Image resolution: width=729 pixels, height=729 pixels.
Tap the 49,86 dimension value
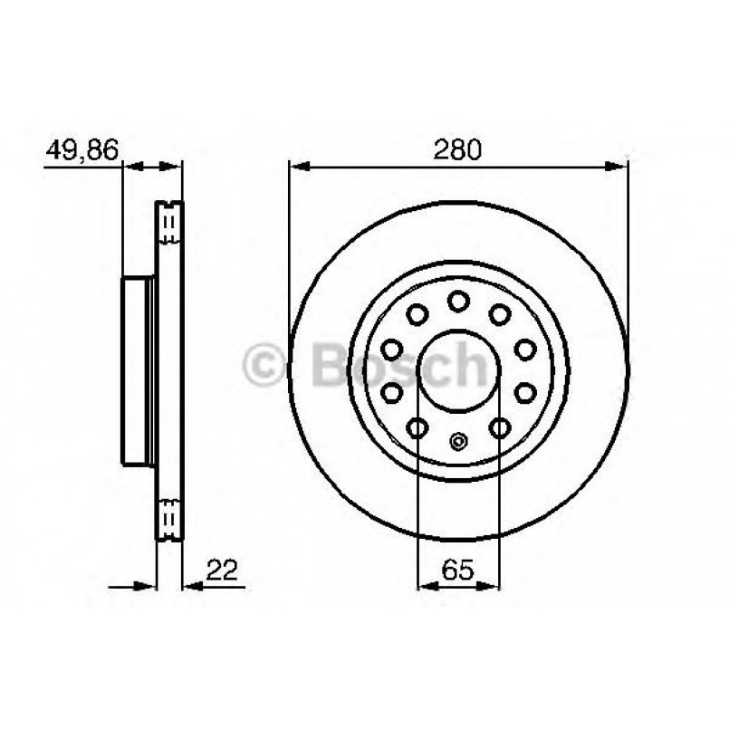click(82, 149)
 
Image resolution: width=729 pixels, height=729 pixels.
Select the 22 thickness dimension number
click(221, 570)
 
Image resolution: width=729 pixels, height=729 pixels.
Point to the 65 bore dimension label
click(458, 571)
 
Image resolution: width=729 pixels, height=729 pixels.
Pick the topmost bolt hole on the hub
click(458, 301)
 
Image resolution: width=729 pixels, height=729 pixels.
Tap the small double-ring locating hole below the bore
click(458, 443)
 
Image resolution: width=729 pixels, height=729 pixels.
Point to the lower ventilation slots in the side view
click(168, 515)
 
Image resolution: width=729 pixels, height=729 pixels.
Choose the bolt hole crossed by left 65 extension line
click(417, 427)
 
